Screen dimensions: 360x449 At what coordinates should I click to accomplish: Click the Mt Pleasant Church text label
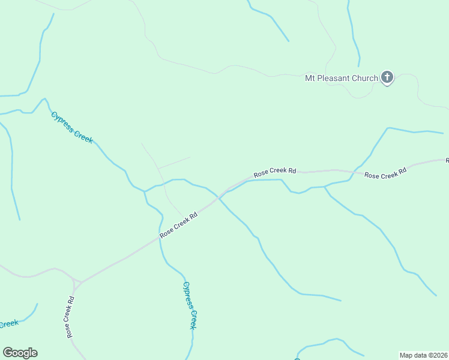342,78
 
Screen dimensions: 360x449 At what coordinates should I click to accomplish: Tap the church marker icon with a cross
387,77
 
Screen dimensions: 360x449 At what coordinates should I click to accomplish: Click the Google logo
20,353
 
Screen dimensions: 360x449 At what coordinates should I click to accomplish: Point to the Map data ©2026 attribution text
423,355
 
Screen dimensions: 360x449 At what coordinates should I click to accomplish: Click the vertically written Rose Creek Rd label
70,317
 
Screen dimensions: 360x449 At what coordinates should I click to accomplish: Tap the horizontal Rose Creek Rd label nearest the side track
275,172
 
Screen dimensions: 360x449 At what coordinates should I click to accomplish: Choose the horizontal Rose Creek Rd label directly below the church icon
385,173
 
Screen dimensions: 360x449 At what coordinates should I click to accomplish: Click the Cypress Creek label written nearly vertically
190,305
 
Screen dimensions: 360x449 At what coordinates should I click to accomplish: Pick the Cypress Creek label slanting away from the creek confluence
72,127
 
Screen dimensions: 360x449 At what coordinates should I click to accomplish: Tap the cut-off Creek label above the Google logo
8,325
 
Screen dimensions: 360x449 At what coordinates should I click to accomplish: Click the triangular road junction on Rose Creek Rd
76,281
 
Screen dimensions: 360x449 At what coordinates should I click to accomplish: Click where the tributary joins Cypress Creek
145,192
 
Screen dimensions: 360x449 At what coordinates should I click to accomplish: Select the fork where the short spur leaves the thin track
158,169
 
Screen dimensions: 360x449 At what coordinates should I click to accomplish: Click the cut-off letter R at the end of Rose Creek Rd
447,160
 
